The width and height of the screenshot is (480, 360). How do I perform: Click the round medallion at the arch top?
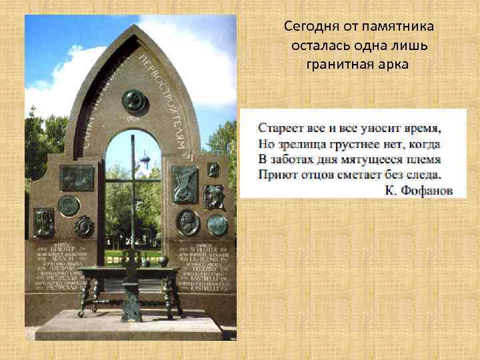(x=134, y=100)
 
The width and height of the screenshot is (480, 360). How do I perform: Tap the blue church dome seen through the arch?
(x=143, y=160)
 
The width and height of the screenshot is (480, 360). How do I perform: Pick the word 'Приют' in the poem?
(x=276, y=175)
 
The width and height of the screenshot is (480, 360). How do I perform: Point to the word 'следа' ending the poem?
(x=424, y=175)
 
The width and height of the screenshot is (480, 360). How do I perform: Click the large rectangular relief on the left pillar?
(x=77, y=178)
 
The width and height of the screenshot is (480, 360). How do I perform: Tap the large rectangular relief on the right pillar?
(x=185, y=183)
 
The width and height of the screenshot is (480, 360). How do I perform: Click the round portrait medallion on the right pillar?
(x=187, y=221)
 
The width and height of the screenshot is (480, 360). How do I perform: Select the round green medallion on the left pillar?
(x=68, y=205)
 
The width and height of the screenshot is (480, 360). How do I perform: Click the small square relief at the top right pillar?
(x=213, y=169)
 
